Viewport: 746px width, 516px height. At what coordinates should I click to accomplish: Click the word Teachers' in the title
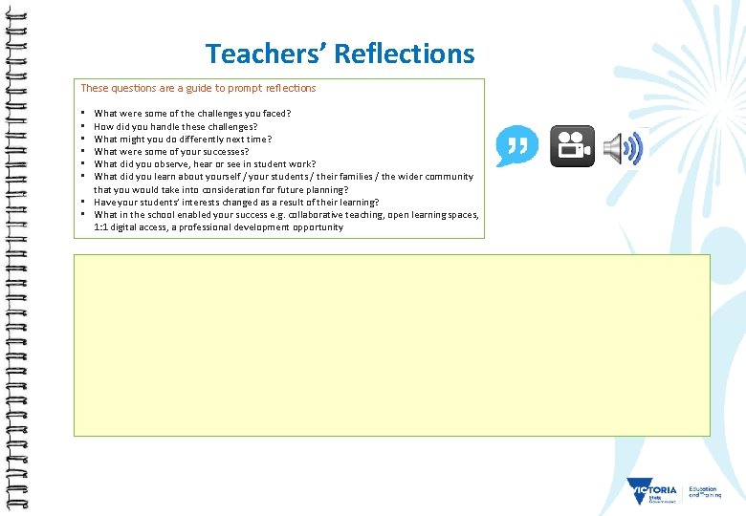click(265, 54)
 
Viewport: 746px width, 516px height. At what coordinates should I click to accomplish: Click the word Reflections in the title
click(405, 54)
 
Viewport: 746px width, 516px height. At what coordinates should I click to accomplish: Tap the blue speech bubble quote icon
click(516, 146)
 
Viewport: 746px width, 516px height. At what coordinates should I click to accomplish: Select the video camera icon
click(572, 146)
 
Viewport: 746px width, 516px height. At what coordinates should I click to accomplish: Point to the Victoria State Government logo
click(652, 492)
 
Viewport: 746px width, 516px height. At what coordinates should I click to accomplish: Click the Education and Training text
click(704, 491)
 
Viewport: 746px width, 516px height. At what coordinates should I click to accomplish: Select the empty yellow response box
click(392, 345)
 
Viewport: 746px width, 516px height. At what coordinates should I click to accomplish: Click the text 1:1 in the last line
click(101, 227)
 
